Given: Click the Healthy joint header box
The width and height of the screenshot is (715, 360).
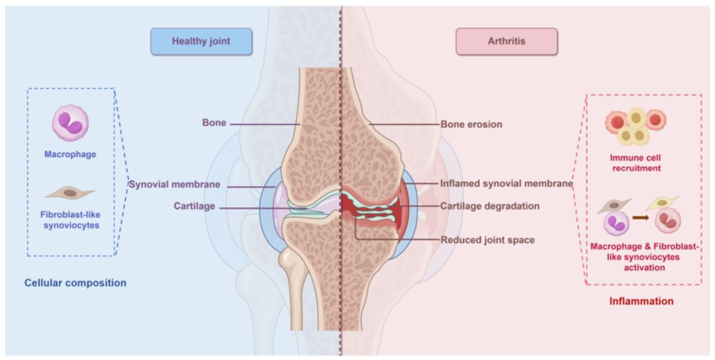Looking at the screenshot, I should click(201, 41).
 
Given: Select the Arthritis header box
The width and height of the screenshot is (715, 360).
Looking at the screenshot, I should click(506, 41).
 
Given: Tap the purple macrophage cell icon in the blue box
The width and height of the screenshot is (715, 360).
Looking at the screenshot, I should click(70, 123).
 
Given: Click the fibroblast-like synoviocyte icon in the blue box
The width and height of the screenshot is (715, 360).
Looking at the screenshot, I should click(70, 193).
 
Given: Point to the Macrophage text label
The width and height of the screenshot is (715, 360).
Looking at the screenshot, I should click(70, 154).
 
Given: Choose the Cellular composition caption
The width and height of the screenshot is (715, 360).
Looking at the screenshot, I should click(75, 283).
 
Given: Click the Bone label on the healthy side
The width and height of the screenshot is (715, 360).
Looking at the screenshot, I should click(215, 123).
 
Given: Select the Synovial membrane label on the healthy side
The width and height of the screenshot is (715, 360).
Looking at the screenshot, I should click(174, 184).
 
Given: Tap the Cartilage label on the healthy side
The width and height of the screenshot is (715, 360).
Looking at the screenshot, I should click(195, 206).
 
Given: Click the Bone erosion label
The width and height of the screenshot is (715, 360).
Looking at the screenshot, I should click(471, 124).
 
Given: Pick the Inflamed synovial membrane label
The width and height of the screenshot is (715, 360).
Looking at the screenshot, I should click(506, 184).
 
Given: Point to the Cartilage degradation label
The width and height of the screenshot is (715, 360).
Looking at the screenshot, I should click(490, 206).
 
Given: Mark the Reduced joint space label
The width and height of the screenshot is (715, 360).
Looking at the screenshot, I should click(487, 239).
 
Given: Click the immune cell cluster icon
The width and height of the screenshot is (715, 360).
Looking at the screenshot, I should click(635, 126).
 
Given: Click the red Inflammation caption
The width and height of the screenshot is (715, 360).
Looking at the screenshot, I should click(641, 301).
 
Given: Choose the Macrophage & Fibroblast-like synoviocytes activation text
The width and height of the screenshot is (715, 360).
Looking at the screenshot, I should click(643, 257).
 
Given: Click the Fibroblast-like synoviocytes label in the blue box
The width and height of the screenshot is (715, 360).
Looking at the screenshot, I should click(70, 220).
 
